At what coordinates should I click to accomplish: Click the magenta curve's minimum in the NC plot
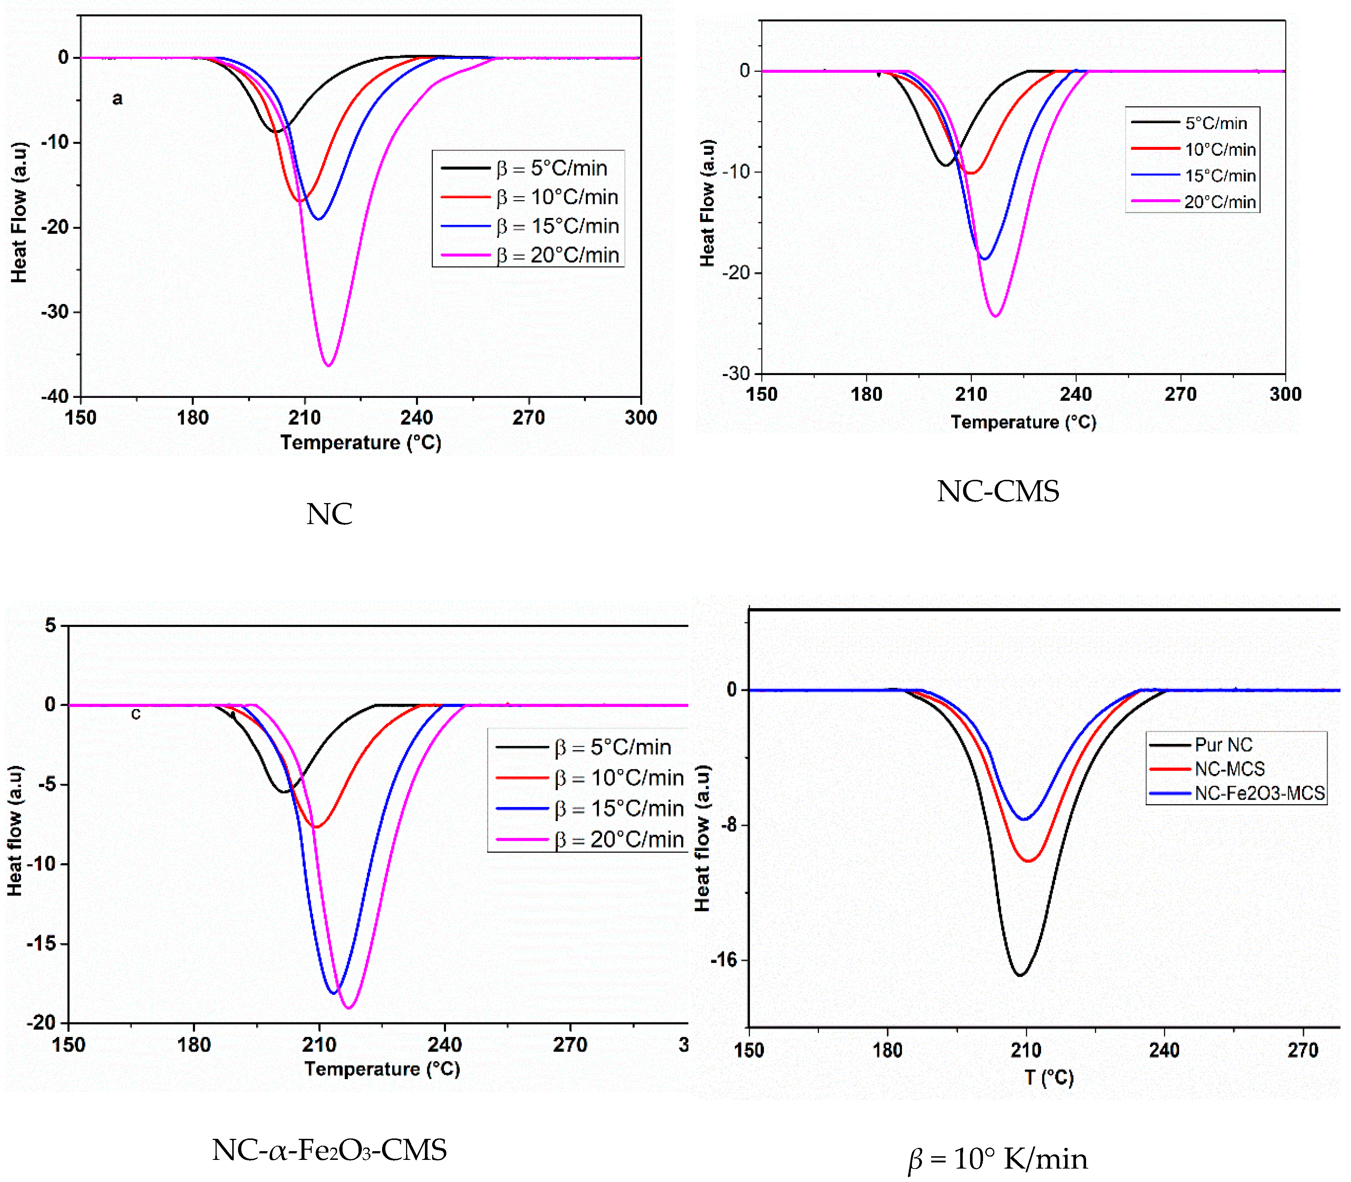(328, 365)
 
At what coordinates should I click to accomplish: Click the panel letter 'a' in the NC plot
(117, 99)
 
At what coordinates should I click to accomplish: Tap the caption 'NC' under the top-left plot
(329, 514)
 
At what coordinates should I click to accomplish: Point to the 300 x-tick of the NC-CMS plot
(1284, 395)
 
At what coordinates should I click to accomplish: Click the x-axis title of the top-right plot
(1023, 422)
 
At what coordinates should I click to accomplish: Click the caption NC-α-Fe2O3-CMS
(329, 1150)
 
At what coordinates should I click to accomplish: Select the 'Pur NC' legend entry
(1223, 745)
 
